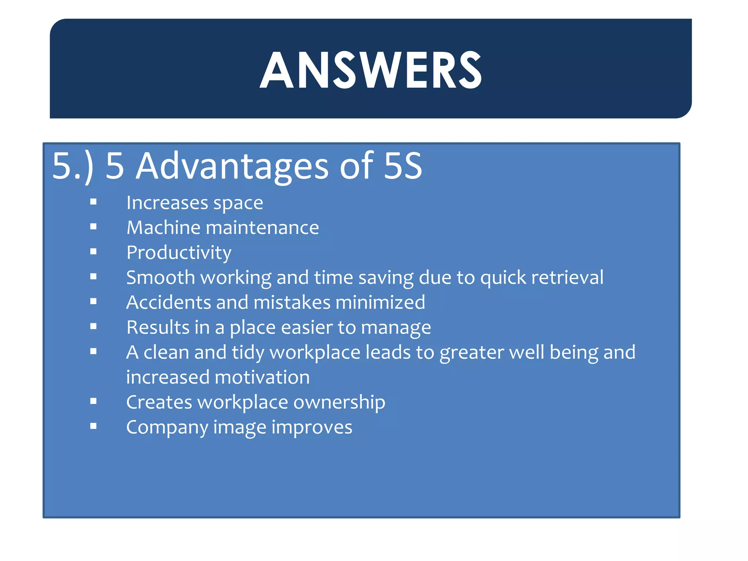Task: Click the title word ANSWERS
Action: (x=370, y=70)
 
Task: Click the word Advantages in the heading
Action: (x=232, y=166)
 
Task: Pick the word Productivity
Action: (x=179, y=253)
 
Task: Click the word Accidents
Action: (x=168, y=302)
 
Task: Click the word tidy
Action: (x=248, y=352)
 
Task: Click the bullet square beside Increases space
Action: (x=93, y=202)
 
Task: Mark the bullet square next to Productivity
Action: (x=93, y=252)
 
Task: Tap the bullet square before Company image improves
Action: (x=93, y=426)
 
